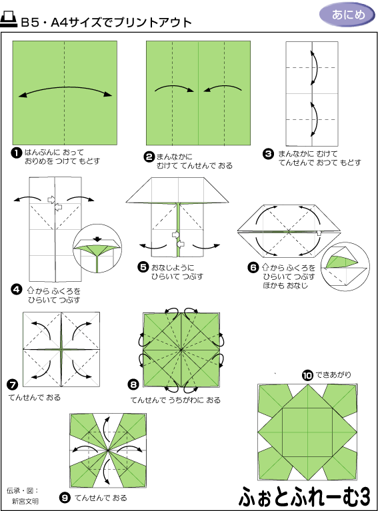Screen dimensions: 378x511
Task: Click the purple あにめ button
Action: click(347, 15)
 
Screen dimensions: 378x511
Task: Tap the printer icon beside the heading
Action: click(9, 19)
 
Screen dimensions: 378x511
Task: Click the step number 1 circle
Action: click(16, 153)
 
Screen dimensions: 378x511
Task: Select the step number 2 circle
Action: click(149, 157)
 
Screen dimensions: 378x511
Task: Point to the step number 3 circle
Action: click(268, 154)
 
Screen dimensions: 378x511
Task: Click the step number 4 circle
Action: click(16, 289)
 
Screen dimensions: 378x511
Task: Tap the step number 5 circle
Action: click(143, 267)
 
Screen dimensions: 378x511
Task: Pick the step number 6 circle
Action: click(253, 268)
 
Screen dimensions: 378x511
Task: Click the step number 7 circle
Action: click(13, 384)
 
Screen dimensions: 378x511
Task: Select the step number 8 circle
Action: click(133, 384)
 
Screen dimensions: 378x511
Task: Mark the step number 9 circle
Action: click(65, 498)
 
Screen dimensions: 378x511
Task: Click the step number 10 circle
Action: click(307, 376)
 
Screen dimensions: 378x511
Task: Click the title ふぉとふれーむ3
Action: click(305, 497)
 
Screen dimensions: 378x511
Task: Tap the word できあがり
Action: click(333, 375)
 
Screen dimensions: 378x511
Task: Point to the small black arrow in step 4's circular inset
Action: click(97, 239)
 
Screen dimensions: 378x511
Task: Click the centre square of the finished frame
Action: click(307, 432)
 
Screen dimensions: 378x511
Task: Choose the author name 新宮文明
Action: click(25, 501)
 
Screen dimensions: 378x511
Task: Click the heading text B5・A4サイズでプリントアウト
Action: click(106, 22)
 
